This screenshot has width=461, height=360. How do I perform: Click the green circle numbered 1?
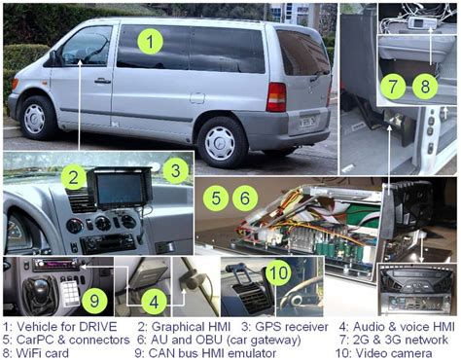click(x=149, y=41)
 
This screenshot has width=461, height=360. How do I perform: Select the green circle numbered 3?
click(x=174, y=172)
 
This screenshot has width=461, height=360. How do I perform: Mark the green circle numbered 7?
click(x=391, y=86)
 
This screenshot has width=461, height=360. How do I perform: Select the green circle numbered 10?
click(x=277, y=270)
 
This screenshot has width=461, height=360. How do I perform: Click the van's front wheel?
click(x=36, y=119)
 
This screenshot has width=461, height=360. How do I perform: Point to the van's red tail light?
click(x=276, y=96)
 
